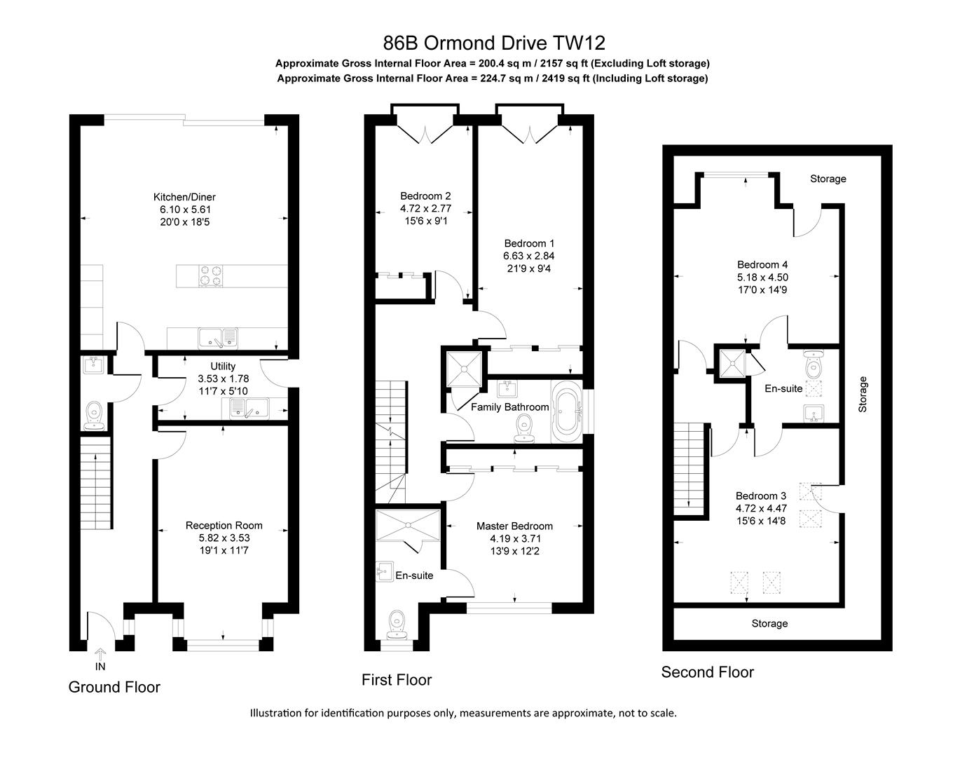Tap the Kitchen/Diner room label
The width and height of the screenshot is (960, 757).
[x=184, y=197]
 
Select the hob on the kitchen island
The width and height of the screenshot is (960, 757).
[x=211, y=275]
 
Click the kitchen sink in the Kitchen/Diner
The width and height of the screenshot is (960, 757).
[x=218, y=338]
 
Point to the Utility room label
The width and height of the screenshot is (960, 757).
[x=223, y=366]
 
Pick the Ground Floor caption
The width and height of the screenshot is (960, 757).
[x=114, y=687]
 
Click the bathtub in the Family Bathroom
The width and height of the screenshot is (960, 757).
[x=566, y=413]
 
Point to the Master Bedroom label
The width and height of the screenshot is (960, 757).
[x=514, y=526]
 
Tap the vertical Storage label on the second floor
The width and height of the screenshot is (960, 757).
[x=863, y=394]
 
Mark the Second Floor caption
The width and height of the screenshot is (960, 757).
[x=707, y=672]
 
